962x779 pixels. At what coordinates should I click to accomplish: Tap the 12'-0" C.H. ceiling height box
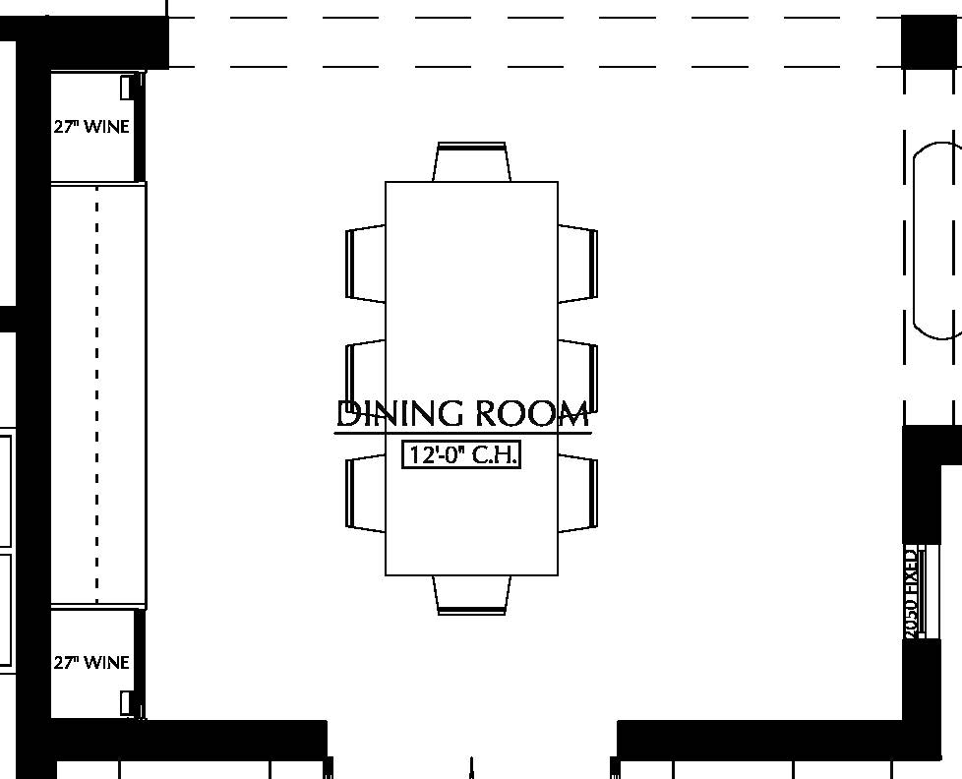pyautogui.click(x=461, y=455)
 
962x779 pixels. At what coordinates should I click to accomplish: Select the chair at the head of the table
pyautogui.click(x=472, y=162)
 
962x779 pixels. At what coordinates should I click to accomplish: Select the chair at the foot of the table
pyautogui.click(x=472, y=595)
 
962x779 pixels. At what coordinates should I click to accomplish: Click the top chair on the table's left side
pyautogui.click(x=366, y=264)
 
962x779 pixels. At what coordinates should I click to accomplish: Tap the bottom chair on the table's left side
pyautogui.click(x=366, y=492)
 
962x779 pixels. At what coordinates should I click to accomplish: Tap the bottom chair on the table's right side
pyautogui.click(x=578, y=492)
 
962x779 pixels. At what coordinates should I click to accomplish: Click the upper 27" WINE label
pyautogui.click(x=91, y=127)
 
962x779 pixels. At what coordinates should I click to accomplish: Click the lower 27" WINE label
pyautogui.click(x=91, y=663)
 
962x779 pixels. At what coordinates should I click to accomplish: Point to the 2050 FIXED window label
pyautogui.click(x=912, y=592)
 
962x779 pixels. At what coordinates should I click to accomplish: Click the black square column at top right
pyautogui.click(x=931, y=42)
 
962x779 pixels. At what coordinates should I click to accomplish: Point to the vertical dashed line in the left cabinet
pyautogui.click(x=96, y=393)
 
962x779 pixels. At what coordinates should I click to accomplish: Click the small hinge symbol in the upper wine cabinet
pyautogui.click(x=127, y=87)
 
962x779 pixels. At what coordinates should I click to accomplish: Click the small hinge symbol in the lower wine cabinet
pyautogui.click(x=127, y=702)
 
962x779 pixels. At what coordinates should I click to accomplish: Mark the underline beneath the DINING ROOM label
pyautogui.click(x=462, y=433)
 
